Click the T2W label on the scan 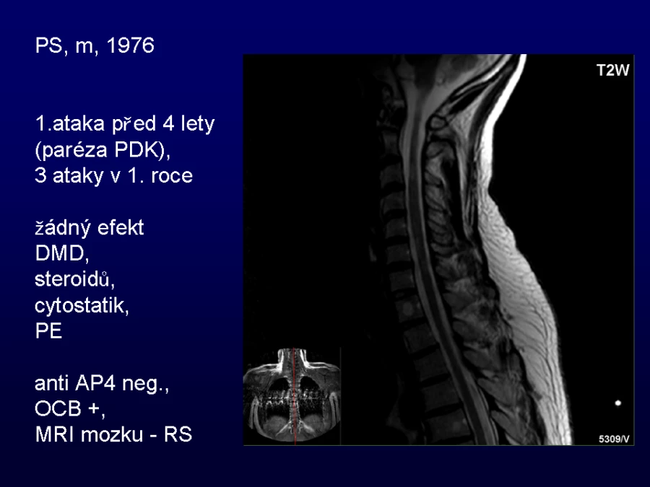(x=612, y=71)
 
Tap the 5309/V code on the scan (x=614, y=439)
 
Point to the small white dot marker (x=617, y=403)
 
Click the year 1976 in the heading (x=131, y=45)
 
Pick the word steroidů (x=74, y=279)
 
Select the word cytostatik (x=82, y=306)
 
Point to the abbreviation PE (x=48, y=331)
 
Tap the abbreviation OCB (x=58, y=409)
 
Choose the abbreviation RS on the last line (x=178, y=434)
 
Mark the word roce (x=172, y=176)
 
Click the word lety (x=197, y=124)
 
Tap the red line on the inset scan (x=295, y=396)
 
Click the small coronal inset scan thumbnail (x=292, y=396)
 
